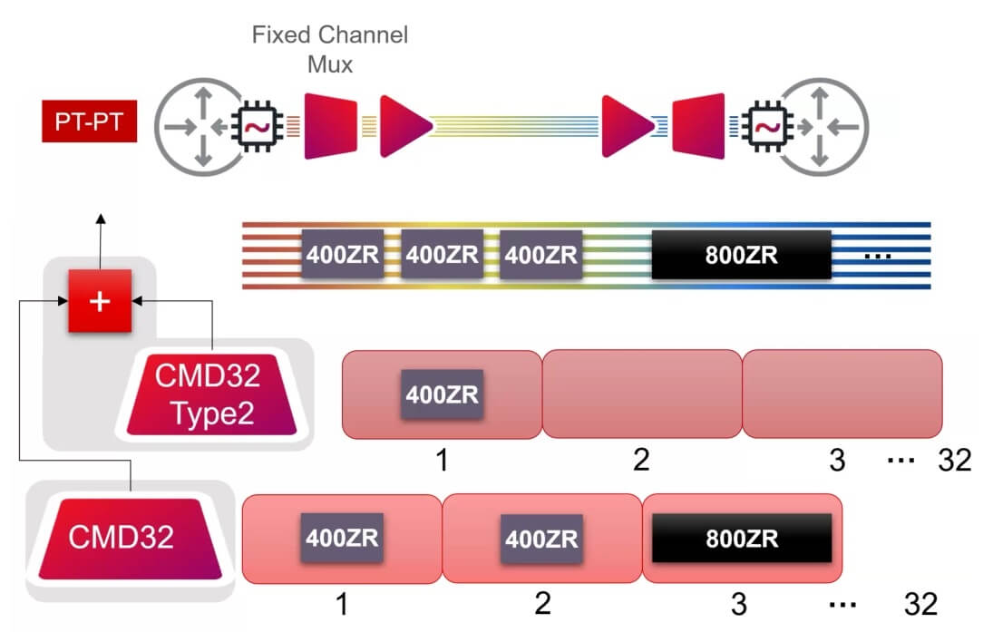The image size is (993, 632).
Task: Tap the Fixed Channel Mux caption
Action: (x=329, y=49)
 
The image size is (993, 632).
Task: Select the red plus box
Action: (x=101, y=301)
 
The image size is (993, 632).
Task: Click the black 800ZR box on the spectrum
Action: (x=741, y=255)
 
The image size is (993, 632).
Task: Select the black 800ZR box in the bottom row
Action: (x=741, y=539)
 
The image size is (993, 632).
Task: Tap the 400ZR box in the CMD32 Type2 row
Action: (x=442, y=394)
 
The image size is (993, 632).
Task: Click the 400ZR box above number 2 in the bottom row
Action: (x=540, y=539)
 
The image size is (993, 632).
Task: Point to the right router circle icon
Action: (x=826, y=127)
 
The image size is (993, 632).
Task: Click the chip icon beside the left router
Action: (x=258, y=127)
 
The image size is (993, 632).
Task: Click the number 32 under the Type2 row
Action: (x=954, y=461)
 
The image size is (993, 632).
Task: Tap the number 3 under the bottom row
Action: (x=739, y=603)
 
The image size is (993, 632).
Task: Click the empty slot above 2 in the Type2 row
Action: (x=641, y=394)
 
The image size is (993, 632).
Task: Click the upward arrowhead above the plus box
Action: (x=101, y=219)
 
